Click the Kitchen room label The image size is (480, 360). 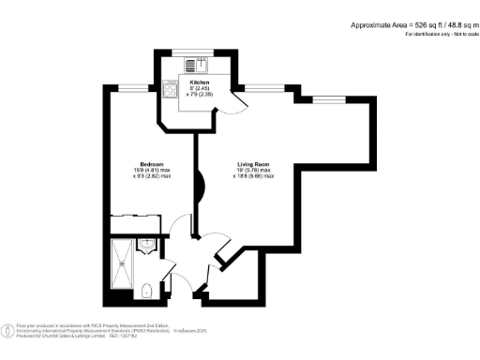(x=200, y=82)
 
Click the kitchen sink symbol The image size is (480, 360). (x=198, y=65)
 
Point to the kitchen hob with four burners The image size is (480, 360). (x=171, y=92)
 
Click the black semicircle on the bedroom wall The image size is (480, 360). (x=199, y=187)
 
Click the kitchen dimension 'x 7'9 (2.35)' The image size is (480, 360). (x=200, y=95)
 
